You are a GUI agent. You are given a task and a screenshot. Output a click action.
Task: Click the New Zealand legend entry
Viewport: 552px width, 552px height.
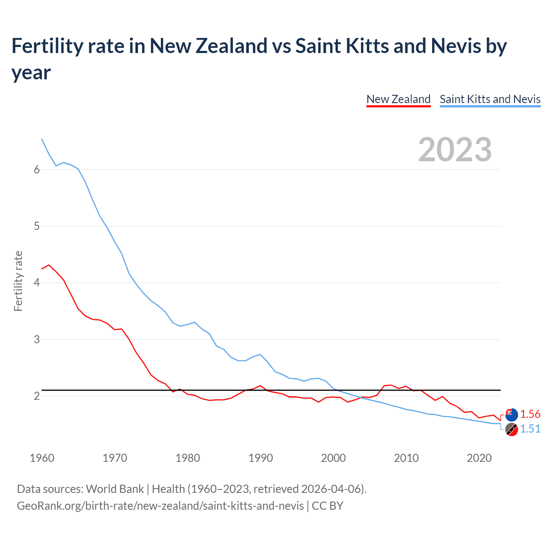[x=398, y=99]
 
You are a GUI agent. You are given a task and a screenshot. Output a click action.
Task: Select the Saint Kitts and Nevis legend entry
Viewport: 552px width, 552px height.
[x=490, y=99]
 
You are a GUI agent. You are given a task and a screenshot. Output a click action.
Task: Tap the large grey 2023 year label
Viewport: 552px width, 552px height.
[x=455, y=150]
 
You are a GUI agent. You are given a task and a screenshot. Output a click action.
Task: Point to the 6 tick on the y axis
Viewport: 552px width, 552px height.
[x=37, y=169]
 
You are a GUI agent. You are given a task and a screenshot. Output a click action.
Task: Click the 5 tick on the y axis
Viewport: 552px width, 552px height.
[x=37, y=226]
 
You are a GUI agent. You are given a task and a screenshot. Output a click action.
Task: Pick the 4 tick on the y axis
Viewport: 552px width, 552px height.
[x=37, y=283]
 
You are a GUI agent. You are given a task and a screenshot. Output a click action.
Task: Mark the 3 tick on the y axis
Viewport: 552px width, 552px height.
[x=37, y=339]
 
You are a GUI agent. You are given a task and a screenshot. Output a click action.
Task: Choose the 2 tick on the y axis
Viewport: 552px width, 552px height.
[x=37, y=396]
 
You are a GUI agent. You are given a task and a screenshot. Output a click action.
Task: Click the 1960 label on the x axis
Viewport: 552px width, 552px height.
[x=42, y=458]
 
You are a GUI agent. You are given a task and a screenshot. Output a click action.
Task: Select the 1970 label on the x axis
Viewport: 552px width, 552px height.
[x=115, y=458]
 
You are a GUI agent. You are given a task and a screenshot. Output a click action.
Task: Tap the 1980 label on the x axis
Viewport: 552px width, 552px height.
[x=188, y=458]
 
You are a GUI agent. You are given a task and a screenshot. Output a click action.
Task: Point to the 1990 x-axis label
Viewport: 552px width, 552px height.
[x=260, y=458]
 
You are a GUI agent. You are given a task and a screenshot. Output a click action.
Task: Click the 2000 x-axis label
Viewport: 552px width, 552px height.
[x=333, y=458]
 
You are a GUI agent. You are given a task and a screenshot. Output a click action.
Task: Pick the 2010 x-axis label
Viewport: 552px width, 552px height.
[x=406, y=458]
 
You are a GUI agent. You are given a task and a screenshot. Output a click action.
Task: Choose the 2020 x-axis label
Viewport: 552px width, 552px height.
[x=479, y=458]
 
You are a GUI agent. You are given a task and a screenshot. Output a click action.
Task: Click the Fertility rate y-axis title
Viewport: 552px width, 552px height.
[x=18, y=281]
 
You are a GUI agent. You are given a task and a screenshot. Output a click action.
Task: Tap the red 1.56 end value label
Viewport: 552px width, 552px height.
[x=530, y=414]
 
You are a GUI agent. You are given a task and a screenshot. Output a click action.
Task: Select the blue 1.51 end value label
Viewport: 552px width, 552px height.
[x=530, y=429]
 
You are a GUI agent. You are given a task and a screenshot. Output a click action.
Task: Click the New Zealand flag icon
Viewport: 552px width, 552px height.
[x=511, y=415]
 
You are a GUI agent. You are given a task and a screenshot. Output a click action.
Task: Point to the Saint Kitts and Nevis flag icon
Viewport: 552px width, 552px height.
[x=511, y=430]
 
